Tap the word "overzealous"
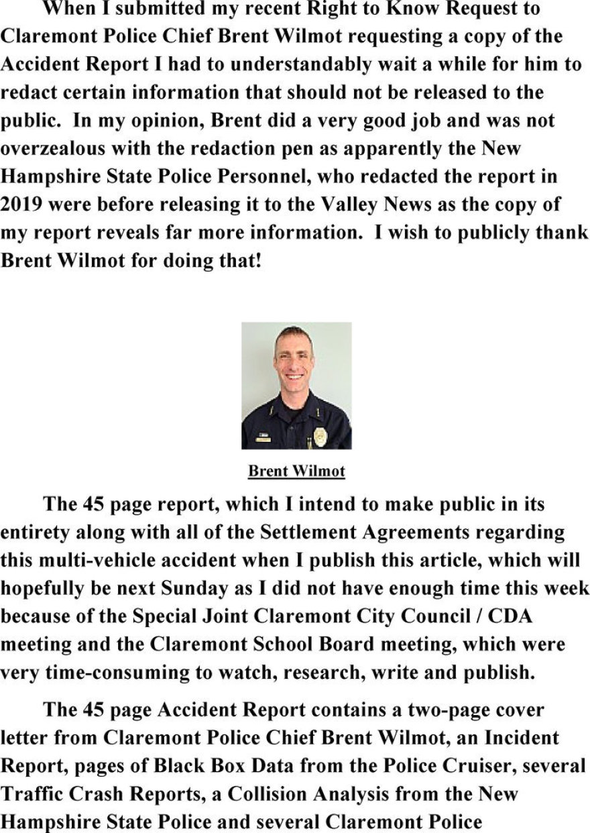pos(54,148)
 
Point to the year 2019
pos(19,204)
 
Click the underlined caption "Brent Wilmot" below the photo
pos(296,471)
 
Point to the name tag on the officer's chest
pos(263,439)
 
